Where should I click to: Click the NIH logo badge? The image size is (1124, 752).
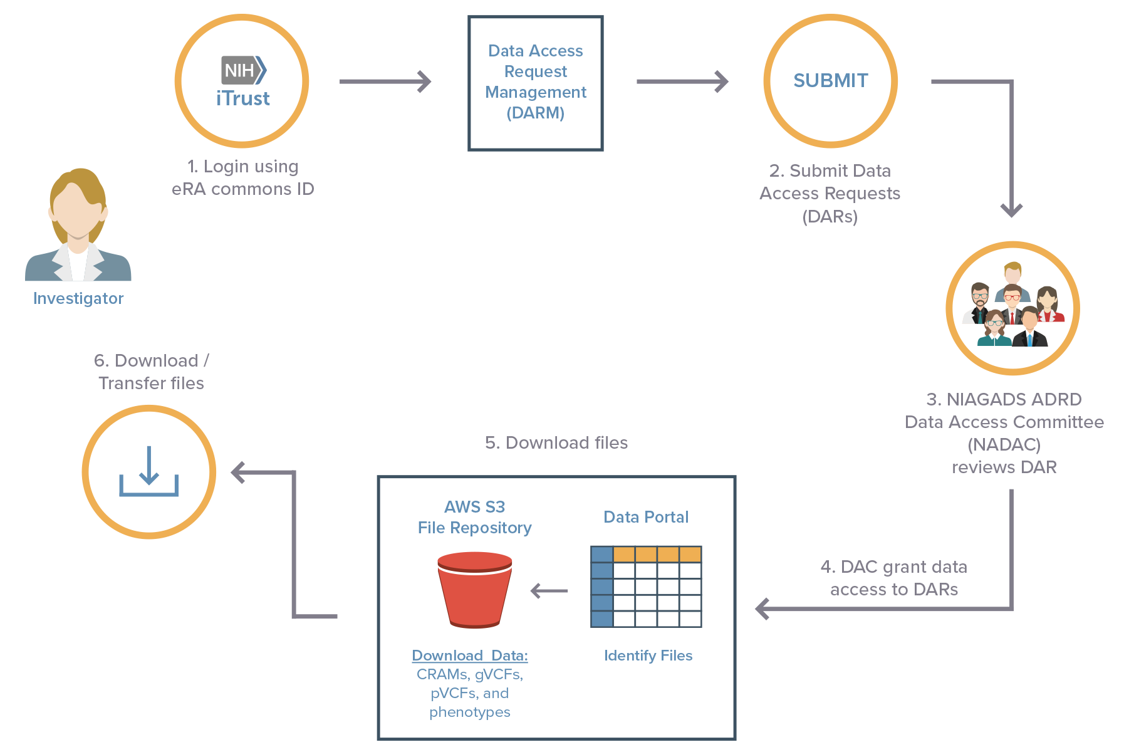coord(243,70)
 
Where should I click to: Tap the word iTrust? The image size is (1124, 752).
coord(243,99)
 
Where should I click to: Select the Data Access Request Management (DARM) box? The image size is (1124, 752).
coord(536,83)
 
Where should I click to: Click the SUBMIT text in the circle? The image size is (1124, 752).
coord(830,81)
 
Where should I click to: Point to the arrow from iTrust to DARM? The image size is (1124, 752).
coord(385,81)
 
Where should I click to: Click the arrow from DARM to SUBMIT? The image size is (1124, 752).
coord(682,81)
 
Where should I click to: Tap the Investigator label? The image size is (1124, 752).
coord(78,298)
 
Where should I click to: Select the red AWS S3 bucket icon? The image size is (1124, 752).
coord(474,589)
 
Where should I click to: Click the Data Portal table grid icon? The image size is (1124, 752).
coord(646,587)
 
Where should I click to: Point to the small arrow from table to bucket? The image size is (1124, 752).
coord(549,591)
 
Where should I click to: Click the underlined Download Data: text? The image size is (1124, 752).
coord(469,655)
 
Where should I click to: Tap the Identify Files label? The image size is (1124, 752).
coord(648,655)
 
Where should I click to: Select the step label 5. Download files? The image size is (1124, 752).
coord(556,443)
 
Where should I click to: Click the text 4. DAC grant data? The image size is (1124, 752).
coord(893,567)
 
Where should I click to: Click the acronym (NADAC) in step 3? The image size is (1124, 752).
coord(1004,445)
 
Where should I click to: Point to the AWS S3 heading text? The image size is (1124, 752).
coord(474,507)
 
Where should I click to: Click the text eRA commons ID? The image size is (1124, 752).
coord(243,189)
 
